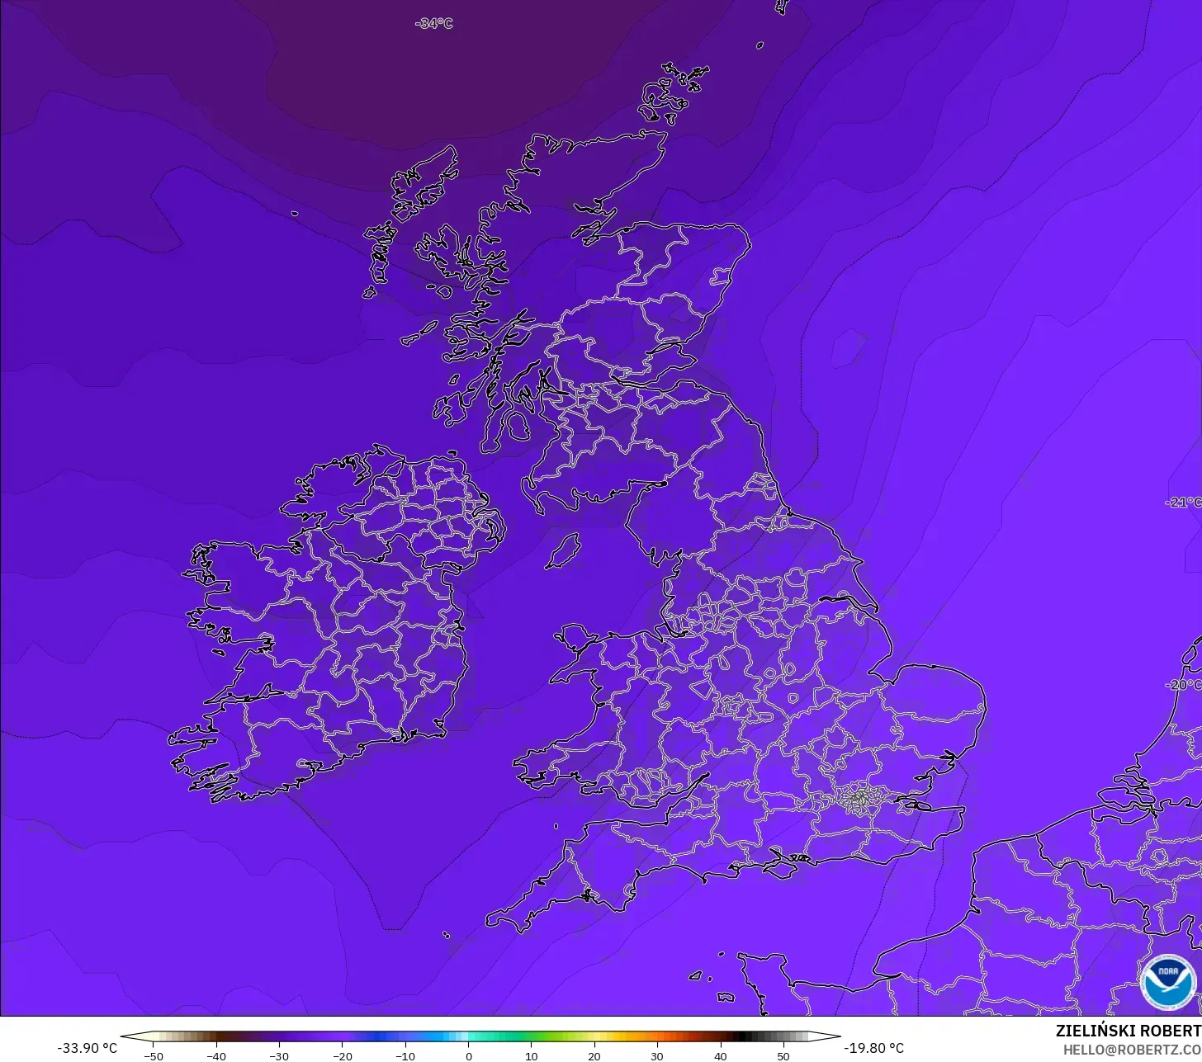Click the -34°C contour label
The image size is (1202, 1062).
point(434,24)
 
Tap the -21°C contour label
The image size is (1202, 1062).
point(1184,503)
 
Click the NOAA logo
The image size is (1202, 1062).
point(1167,982)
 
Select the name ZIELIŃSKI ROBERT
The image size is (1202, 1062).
point(1128,1031)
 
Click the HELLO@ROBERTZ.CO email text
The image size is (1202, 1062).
point(1132,1050)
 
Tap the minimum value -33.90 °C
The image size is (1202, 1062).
point(87,1048)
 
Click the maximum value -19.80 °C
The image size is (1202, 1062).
point(873,1048)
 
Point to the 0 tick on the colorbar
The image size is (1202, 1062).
point(468,1056)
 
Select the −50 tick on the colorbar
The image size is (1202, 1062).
point(153,1056)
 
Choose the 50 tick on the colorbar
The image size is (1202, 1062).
point(783,1056)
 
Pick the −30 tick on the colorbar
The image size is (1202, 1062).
point(279,1056)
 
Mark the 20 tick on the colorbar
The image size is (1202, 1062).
point(594,1056)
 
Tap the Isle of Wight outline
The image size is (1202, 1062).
point(785,863)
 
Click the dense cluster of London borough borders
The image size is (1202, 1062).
point(859,798)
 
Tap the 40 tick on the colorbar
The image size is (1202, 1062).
point(720,1056)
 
